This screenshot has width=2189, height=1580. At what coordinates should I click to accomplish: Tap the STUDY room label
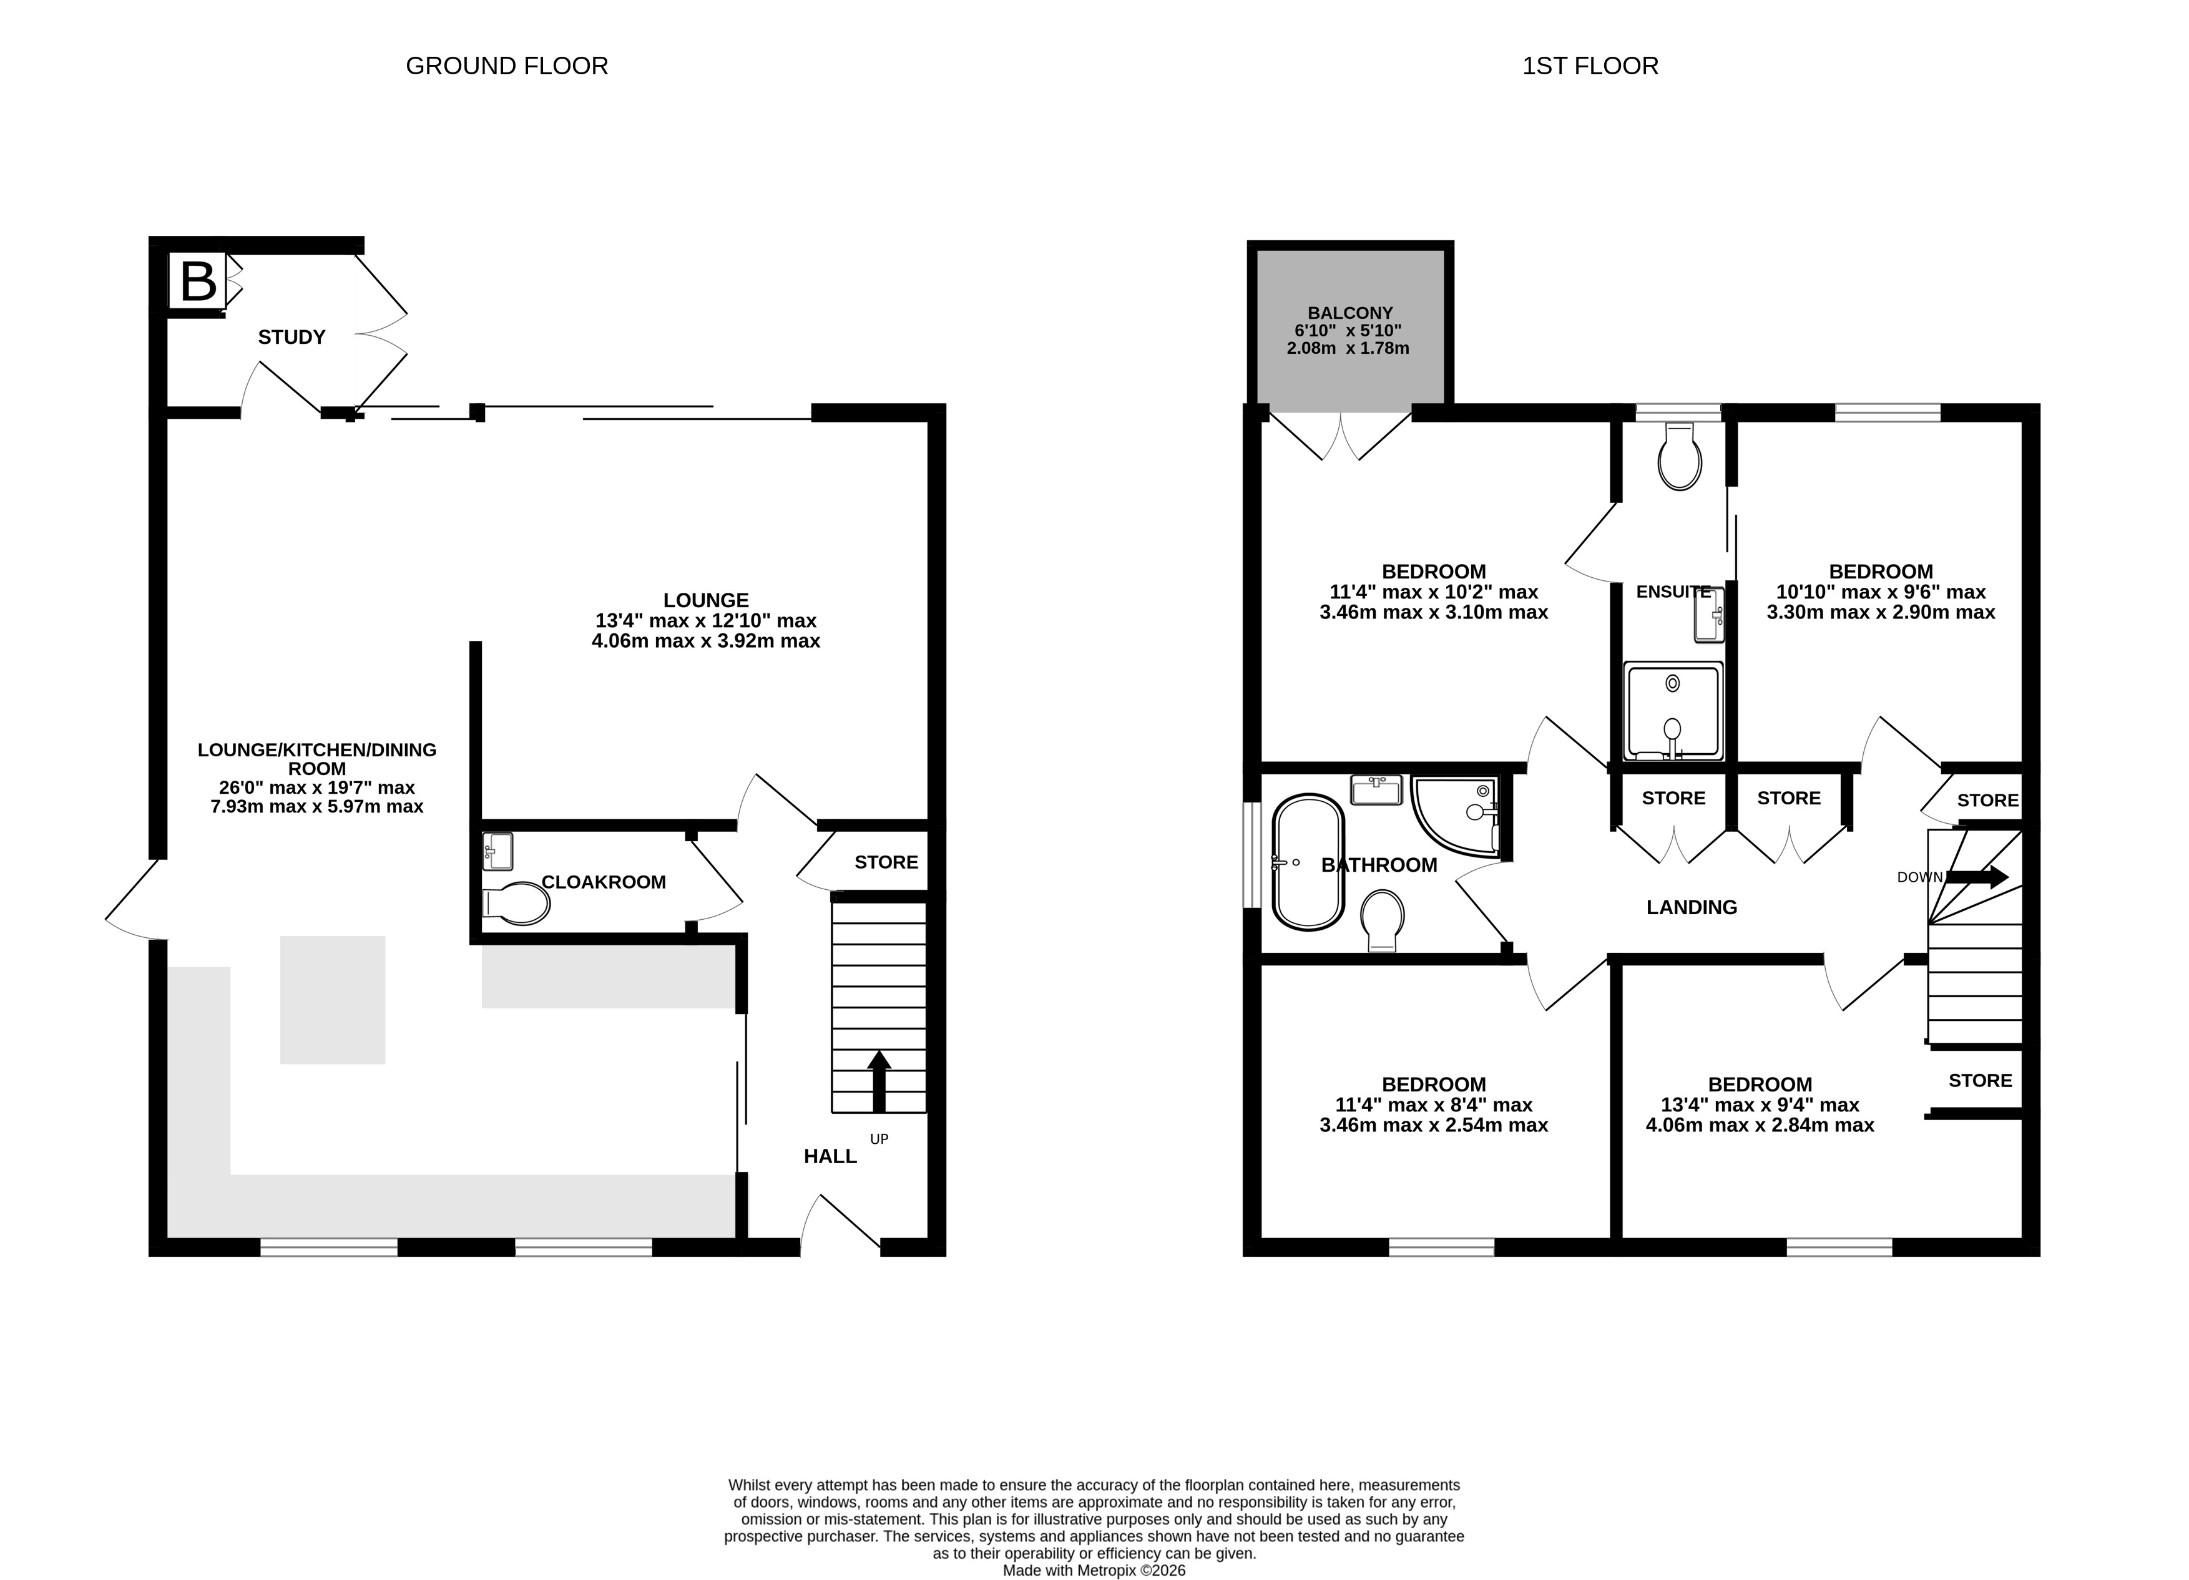291,337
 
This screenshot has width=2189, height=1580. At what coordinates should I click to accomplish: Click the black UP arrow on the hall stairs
878,1081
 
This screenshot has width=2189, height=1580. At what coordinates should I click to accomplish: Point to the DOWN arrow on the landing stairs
1977,876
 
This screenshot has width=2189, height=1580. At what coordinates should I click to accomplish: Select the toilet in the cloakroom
516,904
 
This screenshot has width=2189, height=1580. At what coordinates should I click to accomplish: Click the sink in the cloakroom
497,851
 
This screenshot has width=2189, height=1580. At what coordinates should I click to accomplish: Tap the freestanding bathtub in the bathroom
1308,862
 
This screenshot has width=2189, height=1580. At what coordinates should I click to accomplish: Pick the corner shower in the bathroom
1456,816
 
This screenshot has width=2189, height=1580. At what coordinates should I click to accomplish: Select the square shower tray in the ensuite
1673,710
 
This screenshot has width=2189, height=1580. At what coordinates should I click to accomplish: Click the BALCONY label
1350,313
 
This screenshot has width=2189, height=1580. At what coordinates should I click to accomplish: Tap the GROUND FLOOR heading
507,66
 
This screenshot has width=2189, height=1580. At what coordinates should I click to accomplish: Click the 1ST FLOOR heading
1590,66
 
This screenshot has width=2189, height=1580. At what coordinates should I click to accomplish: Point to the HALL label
830,1156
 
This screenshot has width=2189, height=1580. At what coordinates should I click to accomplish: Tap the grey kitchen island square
333,1000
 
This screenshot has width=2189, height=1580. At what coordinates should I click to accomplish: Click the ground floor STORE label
886,862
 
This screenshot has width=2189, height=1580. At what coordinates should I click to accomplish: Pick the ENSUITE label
1673,592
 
